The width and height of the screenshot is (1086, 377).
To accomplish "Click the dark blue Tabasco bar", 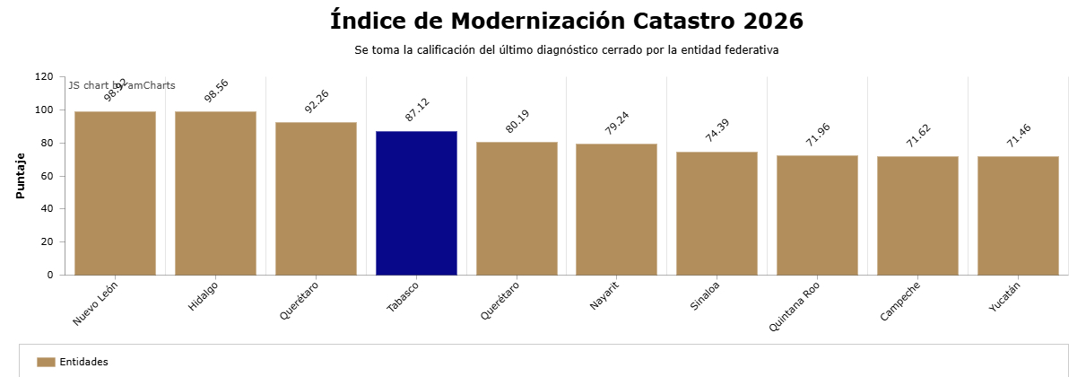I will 416,203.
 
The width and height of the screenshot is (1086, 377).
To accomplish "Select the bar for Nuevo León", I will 115,193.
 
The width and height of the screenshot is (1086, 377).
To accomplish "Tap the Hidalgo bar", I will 215,193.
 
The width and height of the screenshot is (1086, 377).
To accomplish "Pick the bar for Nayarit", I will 616,209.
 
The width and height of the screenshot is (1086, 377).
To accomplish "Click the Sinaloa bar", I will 717,213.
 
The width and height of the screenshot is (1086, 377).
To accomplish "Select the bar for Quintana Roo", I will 817,215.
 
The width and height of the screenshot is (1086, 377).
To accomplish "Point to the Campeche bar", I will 917,215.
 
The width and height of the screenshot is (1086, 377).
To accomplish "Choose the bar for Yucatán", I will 1018,215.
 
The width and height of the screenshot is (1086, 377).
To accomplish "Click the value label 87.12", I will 417,110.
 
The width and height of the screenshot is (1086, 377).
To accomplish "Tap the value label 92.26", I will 317,101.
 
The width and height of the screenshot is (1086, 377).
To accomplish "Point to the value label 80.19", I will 517,121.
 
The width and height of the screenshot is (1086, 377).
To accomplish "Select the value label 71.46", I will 1019,136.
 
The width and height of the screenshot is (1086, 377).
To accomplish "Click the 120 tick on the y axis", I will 44,77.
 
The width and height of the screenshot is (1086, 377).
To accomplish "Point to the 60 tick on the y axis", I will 47,176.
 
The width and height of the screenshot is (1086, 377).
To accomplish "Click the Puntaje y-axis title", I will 21,176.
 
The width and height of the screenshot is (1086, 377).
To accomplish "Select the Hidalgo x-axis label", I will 203,296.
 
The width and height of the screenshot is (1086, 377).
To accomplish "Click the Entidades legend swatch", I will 46,362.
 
